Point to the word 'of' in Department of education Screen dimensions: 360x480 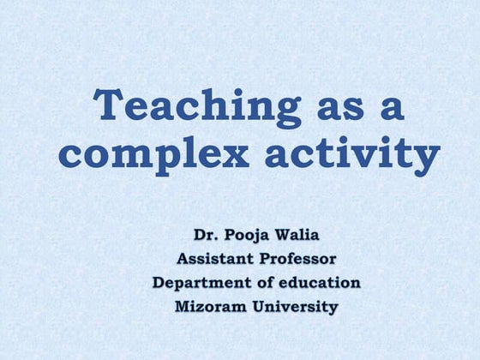266,281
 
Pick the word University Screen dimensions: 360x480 296,306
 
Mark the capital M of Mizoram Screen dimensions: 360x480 183,306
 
